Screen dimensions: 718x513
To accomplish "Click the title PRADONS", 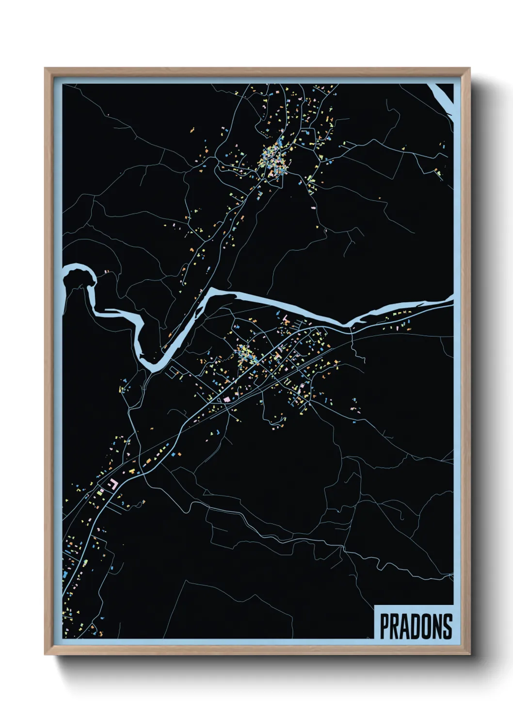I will point(416,626).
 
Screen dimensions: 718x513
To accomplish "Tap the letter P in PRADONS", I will point(385,626).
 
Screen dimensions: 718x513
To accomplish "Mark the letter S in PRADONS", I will point(448,626).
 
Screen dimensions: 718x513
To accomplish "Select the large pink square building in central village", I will point(226,399).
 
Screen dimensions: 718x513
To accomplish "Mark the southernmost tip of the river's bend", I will point(151,368).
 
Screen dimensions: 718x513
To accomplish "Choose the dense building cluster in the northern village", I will point(274,160).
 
